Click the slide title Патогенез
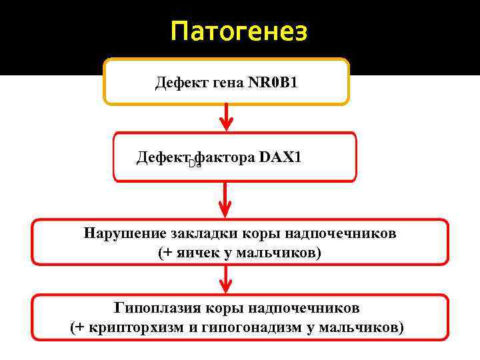[239, 31]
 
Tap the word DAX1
[280, 157]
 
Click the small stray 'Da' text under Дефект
[194, 164]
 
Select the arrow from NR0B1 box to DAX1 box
[227, 117]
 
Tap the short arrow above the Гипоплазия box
[227, 279]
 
